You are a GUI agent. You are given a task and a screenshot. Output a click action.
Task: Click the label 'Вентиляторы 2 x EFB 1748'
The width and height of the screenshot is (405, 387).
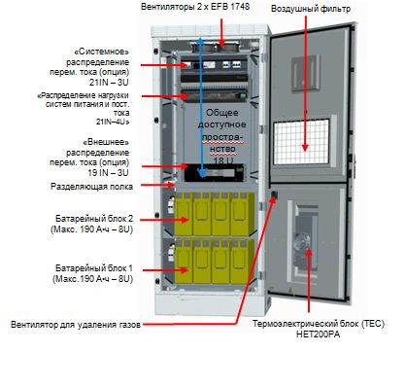coord(195,7)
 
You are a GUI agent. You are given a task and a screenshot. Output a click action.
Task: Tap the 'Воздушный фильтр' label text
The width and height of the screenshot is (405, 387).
coord(311,9)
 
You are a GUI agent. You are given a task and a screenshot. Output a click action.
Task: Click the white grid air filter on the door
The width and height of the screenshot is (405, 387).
coord(302,142)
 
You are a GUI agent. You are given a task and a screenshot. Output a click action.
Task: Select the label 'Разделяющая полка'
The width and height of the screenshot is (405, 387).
coord(91,187)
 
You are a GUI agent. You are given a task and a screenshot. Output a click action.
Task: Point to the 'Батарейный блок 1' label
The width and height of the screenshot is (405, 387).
coord(94,268)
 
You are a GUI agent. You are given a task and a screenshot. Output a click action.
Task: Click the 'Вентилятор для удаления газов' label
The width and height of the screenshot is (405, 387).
coord(76,325)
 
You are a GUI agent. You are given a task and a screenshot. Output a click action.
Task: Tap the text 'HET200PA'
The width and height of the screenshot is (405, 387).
coord(319,334)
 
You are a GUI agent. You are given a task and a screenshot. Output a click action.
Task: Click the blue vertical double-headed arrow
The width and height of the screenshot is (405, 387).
coord(201,107)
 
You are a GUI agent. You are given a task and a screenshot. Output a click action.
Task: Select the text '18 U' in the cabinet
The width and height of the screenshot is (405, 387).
coord(223,160)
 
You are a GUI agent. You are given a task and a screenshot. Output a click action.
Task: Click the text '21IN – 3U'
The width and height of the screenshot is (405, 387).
coord(109,83)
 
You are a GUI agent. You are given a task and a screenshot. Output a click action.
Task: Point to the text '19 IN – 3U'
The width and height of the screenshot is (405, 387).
coord(108,173)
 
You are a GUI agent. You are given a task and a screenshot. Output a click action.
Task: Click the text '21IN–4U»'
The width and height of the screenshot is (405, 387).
coord(113,122)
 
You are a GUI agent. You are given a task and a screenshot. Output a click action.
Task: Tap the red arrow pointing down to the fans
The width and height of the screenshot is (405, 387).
coord(221,32)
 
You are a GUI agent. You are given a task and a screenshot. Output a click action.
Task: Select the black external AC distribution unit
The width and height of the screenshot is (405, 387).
coord(214,173)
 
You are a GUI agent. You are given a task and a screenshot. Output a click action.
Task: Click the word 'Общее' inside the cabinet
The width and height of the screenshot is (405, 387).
coord(222,113)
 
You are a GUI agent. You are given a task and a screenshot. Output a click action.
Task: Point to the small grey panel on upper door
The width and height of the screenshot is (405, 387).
coord(305,73)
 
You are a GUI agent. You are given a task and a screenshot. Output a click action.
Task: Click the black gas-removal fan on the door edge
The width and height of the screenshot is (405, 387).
coord(274,194)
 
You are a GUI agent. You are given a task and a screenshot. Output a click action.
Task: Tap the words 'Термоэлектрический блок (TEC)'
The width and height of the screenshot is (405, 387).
coord(319,324)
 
